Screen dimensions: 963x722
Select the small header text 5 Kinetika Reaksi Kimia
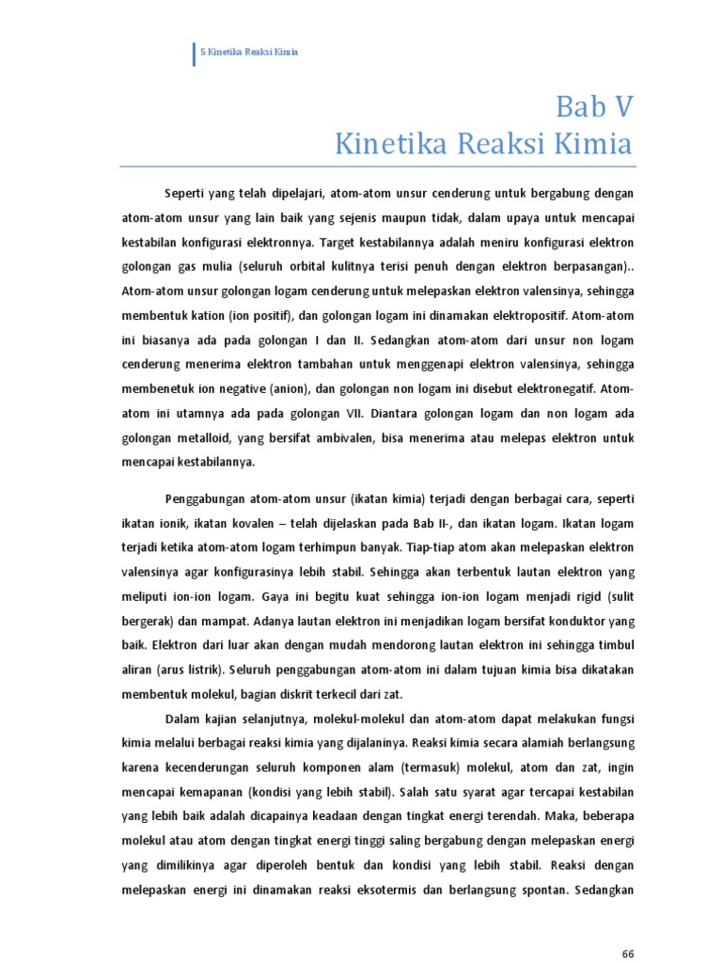coord(249,52)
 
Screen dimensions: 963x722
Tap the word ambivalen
coord(347,437)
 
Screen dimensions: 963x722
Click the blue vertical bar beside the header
coord(194,53)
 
